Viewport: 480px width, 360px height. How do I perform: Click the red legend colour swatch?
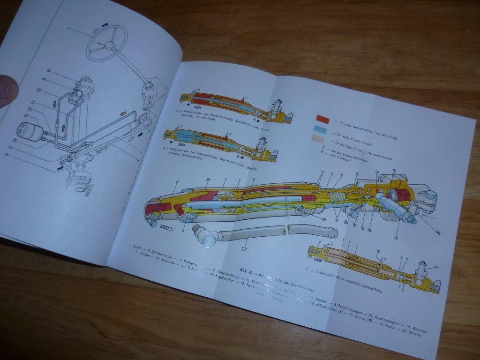(x=322, y=119)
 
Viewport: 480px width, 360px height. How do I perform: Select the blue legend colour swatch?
(x=322, y=128)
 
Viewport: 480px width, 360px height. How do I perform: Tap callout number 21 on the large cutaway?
(x=208, y=180)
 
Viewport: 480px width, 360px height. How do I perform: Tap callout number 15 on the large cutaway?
(x=394, y=171)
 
